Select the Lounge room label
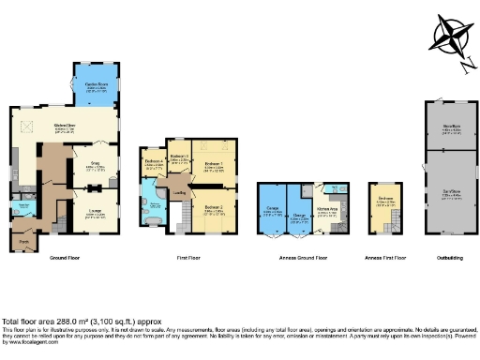(x=96, y=213)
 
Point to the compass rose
(x=450, y=37)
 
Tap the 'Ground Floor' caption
(x=63, y=256)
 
